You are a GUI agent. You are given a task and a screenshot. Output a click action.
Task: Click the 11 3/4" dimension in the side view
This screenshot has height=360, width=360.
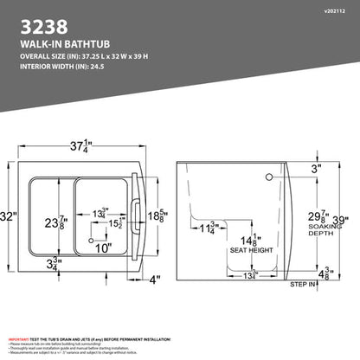click(x=206, y=228)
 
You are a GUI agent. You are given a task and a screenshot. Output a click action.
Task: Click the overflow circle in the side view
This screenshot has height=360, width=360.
click(x=269, y=177)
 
